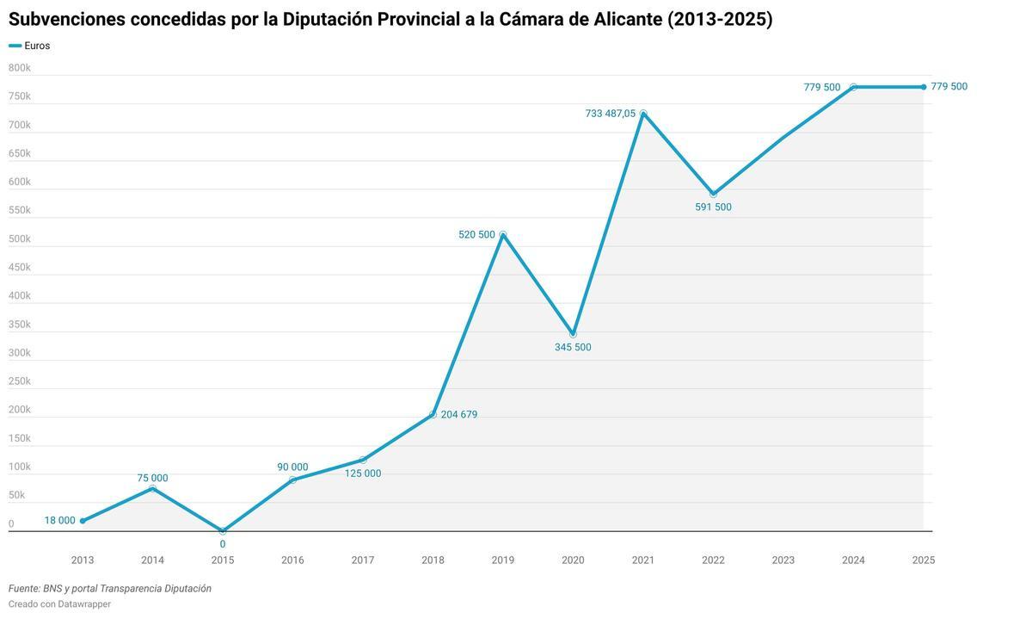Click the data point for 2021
tap(643, 113)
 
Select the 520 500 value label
tap(476, 235)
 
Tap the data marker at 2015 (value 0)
tap(223, 531)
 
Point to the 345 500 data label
tap(573, 348)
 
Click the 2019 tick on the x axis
tap(503, 560)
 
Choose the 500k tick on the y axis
tap(20, 238)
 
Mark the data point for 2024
tap(853, 87)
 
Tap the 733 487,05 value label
tap(610, 114)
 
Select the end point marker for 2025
tap(924, 87)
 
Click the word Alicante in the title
tap(627, 19)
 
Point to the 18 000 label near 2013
tap(60, 521)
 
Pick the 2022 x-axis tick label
tap(713, 560)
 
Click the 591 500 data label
tap(713, 207)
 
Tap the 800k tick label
tap(20, 68)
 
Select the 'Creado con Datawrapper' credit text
tap(59, 604)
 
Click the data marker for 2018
tap(433, 414)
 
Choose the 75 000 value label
tap(152, 479)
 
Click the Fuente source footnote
tap(110, 589)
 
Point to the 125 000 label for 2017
tap(363, 474)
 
